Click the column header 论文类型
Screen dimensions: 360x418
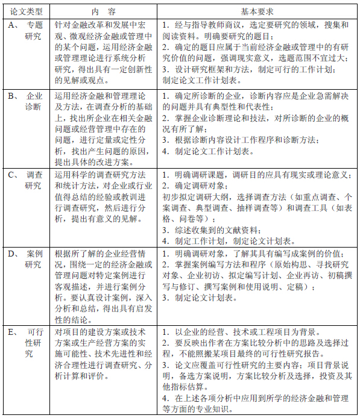point(25,11)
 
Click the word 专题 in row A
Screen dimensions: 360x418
point(36,25)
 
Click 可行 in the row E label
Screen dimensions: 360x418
point(36,332)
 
